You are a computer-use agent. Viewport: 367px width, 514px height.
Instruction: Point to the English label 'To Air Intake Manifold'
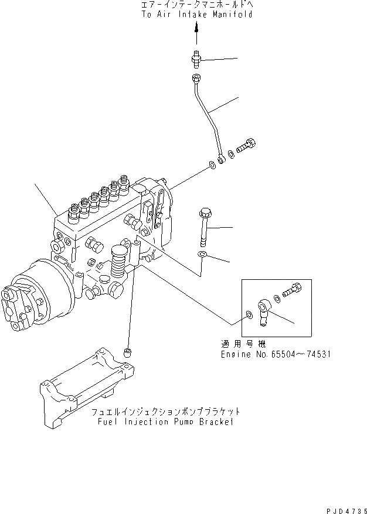click(x=197, y=14)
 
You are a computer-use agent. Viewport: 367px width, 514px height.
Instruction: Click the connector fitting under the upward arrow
click(x=197, y=58)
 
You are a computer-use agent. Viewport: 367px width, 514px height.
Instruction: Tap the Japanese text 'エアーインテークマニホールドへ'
click(x=197, y=5)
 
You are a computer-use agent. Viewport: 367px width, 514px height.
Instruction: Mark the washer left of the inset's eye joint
click(x=250, y=316)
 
